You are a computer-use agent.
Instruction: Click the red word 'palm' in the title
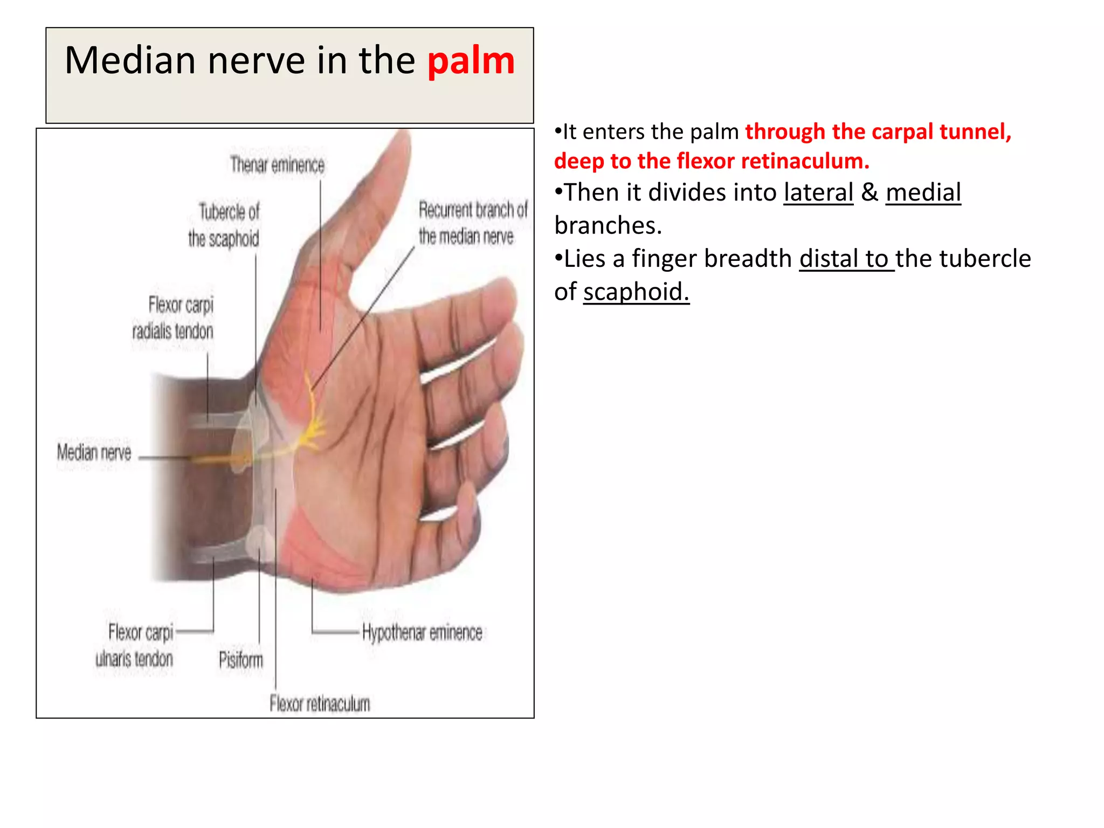coord(471,61)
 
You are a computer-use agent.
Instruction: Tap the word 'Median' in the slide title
coord(130,60)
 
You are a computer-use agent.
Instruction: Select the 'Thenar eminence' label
coord(277,164)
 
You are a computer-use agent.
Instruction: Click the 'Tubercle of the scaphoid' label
coord(224,225)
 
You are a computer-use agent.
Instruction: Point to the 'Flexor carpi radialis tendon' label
coord(174,318)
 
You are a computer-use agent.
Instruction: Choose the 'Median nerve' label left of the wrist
coord(94,452)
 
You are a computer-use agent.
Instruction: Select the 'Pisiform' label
coord(241,660)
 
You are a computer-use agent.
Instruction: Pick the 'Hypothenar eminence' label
coord(422,632)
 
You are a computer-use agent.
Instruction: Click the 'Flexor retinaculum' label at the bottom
coord(320,703)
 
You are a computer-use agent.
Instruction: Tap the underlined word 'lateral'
coord(818,192)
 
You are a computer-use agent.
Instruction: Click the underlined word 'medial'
coord(923,192)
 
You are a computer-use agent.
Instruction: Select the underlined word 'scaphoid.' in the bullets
coord(636,292)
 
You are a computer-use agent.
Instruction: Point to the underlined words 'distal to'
coord(846,259)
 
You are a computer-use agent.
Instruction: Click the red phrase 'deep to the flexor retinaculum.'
coord(712,161)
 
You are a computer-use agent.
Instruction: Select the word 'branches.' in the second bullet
coord(608,225)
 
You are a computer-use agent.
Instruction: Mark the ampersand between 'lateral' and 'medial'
coord(870,192)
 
